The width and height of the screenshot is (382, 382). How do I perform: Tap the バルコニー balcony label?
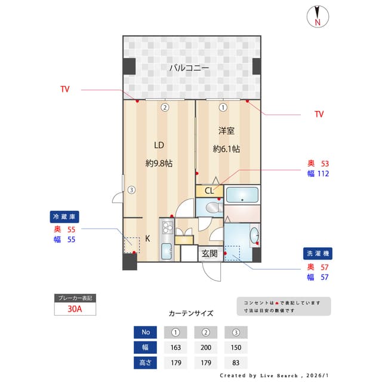189,68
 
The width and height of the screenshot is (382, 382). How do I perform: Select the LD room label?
159,145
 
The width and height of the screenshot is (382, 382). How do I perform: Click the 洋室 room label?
226,131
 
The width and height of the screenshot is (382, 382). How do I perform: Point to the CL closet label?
209,191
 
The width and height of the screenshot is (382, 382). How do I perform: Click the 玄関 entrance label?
209,253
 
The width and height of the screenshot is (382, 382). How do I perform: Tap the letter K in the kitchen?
147,238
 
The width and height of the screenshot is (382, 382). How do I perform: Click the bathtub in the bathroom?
242,195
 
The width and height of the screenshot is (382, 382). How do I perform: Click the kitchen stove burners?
166,227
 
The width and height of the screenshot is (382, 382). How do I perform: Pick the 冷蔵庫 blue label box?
64,216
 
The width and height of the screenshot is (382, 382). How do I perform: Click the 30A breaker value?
75,309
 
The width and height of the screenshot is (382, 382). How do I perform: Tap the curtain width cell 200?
205,347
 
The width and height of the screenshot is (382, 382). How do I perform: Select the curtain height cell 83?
236,362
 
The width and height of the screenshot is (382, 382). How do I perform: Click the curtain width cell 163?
175,347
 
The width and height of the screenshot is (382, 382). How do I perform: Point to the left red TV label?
65,90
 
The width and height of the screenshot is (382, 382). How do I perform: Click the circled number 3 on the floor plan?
131,190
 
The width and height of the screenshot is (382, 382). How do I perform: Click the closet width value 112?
323,174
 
